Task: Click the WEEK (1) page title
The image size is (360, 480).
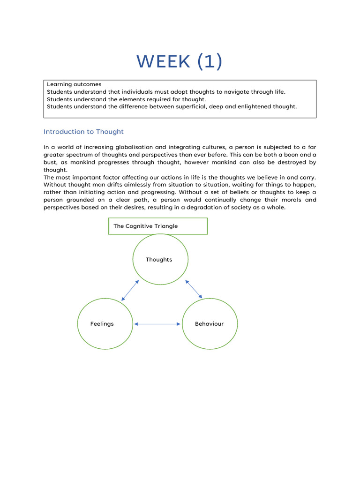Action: [180, 61]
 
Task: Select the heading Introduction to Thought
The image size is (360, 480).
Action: [83, 132]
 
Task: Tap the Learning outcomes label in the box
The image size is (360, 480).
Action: [74, 84]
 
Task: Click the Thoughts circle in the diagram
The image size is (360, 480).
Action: [160, 259]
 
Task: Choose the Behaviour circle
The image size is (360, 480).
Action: [210, 324]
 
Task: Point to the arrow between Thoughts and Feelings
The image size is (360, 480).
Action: [130, 291]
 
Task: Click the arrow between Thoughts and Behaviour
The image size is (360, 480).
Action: [194, 289]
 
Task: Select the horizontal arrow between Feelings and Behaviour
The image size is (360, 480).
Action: [157, 324]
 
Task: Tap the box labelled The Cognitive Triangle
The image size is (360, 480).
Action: [157, 226]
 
